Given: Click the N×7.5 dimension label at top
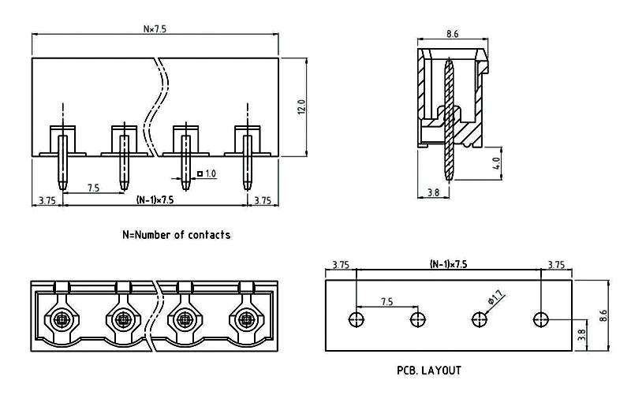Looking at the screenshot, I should click(155, 29).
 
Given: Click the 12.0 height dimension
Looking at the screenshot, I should click(301, 106).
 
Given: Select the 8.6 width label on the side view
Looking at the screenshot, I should click(453, 34).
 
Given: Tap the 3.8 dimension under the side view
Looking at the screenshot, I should click(432, 192).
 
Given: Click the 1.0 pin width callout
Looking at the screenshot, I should click(211, 173).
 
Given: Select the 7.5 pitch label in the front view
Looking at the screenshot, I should click(92, 188).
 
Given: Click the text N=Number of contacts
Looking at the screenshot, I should click(177, 234).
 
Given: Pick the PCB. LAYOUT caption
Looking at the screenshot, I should click(429, 369).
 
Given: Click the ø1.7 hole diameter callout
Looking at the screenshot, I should click(496, 297).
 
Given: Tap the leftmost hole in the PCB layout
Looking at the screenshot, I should click(357, 319).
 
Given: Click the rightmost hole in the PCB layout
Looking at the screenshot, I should click(540, 319).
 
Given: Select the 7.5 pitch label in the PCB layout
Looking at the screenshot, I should click(387, 301).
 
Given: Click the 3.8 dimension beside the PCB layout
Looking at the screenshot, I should click(581, 335).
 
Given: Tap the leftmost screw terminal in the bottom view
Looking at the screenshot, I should click(62, 320).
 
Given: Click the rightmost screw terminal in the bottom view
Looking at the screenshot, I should click(246, 320).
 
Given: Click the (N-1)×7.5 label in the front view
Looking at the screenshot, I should click(155, 200).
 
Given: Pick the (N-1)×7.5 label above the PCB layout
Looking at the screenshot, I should click(448, 264).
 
